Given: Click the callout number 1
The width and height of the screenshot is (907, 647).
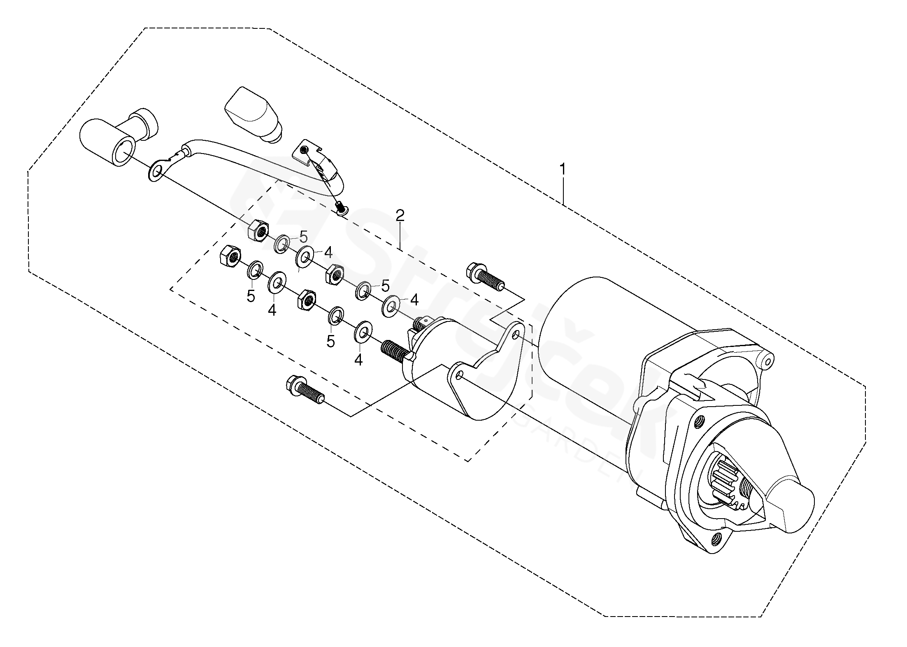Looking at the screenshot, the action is pyautogui.click(x=563, y=169).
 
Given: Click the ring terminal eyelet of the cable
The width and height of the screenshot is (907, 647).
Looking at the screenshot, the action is pyautogui.click(x=156, y=172).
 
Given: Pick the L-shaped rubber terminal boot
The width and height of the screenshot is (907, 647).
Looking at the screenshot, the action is pyautogui.click(x=118, y=137).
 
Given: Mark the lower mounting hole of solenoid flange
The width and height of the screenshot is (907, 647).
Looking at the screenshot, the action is pyautogui.click(x=460, y=374).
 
